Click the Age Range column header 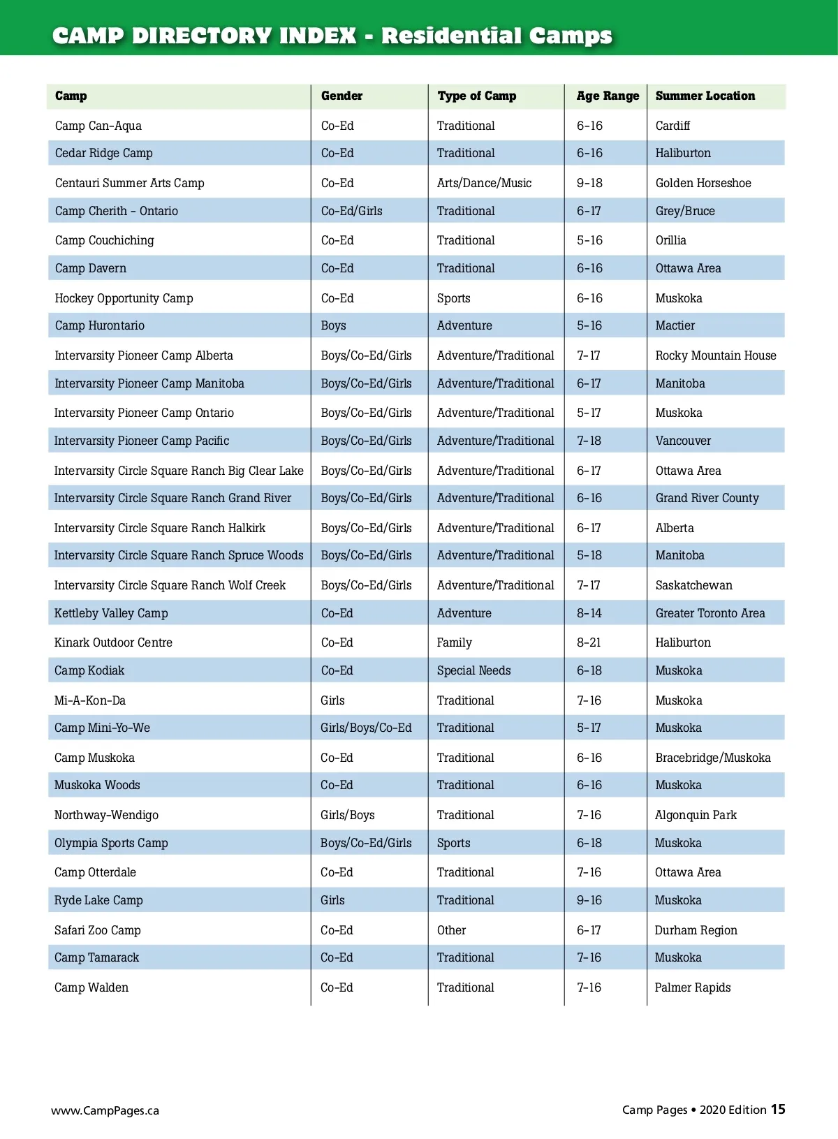tap(608, 96)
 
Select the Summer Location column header tap(705, 96)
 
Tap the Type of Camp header tap(477, 96)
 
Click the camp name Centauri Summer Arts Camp tap(129, 183)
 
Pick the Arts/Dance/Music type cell tap(484, 183)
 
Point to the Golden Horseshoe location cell tap(703, 183)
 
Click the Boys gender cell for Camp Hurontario tap(333, 326)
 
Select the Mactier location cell tap(675, 326)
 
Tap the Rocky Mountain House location tap(715, 355)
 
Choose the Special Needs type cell tap(473, 671)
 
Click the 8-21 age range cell tap(589, 642)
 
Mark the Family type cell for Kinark tap(454, 642)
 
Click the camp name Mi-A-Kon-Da tap(90, 700)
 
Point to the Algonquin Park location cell tap(695, 815)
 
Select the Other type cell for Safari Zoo tap(451, 930)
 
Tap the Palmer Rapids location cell tap(692, 987)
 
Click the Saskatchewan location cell tap(693, 585)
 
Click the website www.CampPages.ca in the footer tap(105, 1110)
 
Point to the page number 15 tap(778, 1109)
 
